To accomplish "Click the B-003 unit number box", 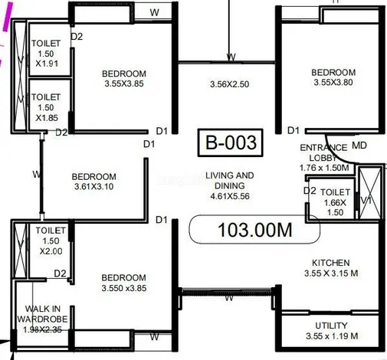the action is coord(230,142).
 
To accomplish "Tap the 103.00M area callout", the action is coord(254,229).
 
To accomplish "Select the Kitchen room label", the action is coord(331,268).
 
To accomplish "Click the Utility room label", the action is coord(332,331).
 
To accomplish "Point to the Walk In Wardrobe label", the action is coord(42,319).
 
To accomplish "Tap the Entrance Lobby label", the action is coord(324,158).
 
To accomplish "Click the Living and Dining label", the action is coord(230,185).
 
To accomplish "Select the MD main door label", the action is coord(359,146).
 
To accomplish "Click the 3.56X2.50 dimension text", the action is coord(229,84).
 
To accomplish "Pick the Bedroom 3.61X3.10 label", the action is coord(93,182).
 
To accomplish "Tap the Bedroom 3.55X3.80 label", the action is coord(333,77).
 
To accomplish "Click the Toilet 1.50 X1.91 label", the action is coord(46,54).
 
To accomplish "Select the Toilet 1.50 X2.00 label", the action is coord(51,241).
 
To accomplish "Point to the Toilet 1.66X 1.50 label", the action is coord(335,202).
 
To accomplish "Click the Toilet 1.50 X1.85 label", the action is coord(46,107).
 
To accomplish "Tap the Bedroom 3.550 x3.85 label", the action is coord(124,283).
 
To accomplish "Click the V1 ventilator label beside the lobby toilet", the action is coord(366,201).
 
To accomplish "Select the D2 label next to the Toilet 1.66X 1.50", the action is coord(310,191).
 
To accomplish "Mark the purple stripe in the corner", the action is coord(8,16).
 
